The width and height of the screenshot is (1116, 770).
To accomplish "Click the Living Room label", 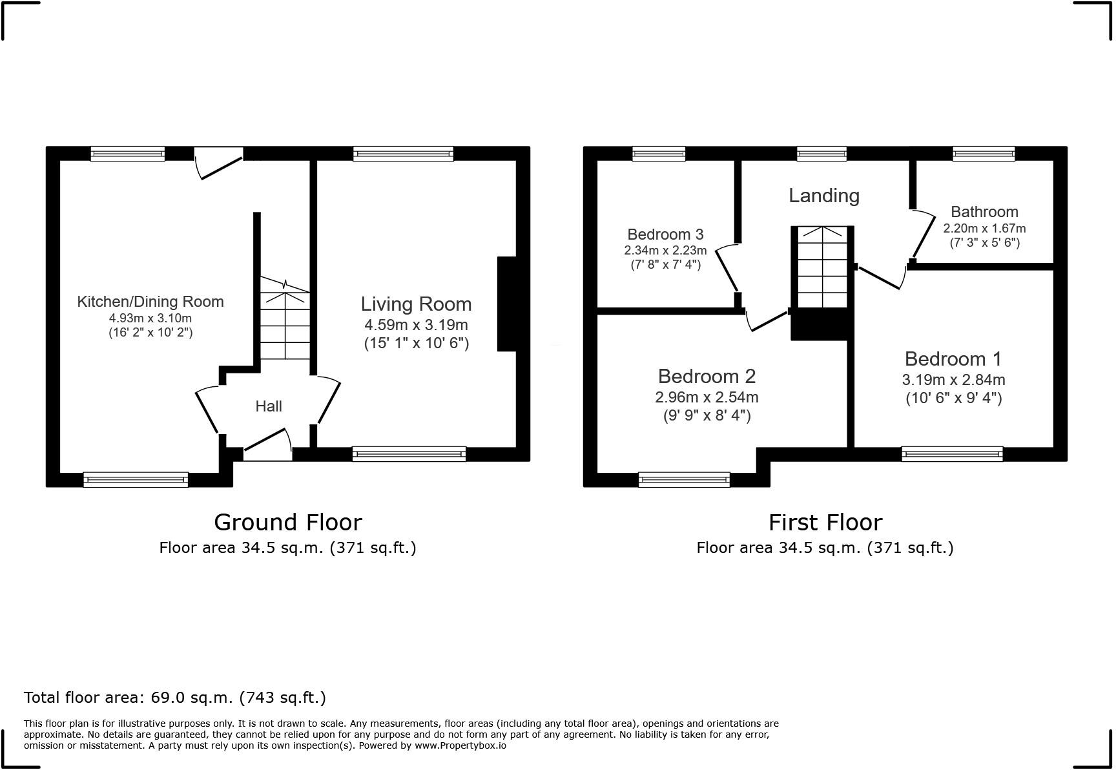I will click(416, 304).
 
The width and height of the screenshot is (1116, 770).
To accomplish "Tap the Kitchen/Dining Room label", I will click(150, 302).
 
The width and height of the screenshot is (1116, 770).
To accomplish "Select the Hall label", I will click(269, 406).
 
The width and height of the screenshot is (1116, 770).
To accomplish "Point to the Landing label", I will click(823, 196).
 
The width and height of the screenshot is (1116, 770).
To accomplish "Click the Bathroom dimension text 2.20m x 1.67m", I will click(984, 229).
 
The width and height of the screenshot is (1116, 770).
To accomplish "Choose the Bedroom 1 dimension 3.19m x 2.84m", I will click(953, 380).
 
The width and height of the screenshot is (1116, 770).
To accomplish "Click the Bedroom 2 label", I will click(707, 376).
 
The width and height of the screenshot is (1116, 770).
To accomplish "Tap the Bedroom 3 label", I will click(665, 234).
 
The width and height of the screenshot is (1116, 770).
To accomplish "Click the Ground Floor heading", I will click(287, 522).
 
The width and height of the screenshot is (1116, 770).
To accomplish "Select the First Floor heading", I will click(825, 522).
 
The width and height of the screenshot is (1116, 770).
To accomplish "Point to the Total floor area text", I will click(174, 698).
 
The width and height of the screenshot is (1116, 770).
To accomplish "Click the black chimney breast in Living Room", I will click(507, 304).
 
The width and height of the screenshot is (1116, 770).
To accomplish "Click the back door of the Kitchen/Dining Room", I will click(220, 165).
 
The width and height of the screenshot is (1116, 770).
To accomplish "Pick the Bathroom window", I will click(984, 154).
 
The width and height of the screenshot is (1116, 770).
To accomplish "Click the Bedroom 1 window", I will click(952, 454).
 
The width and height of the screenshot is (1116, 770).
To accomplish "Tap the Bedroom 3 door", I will click(728, 267).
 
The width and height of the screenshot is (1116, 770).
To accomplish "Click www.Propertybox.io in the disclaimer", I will click(460, 745).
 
